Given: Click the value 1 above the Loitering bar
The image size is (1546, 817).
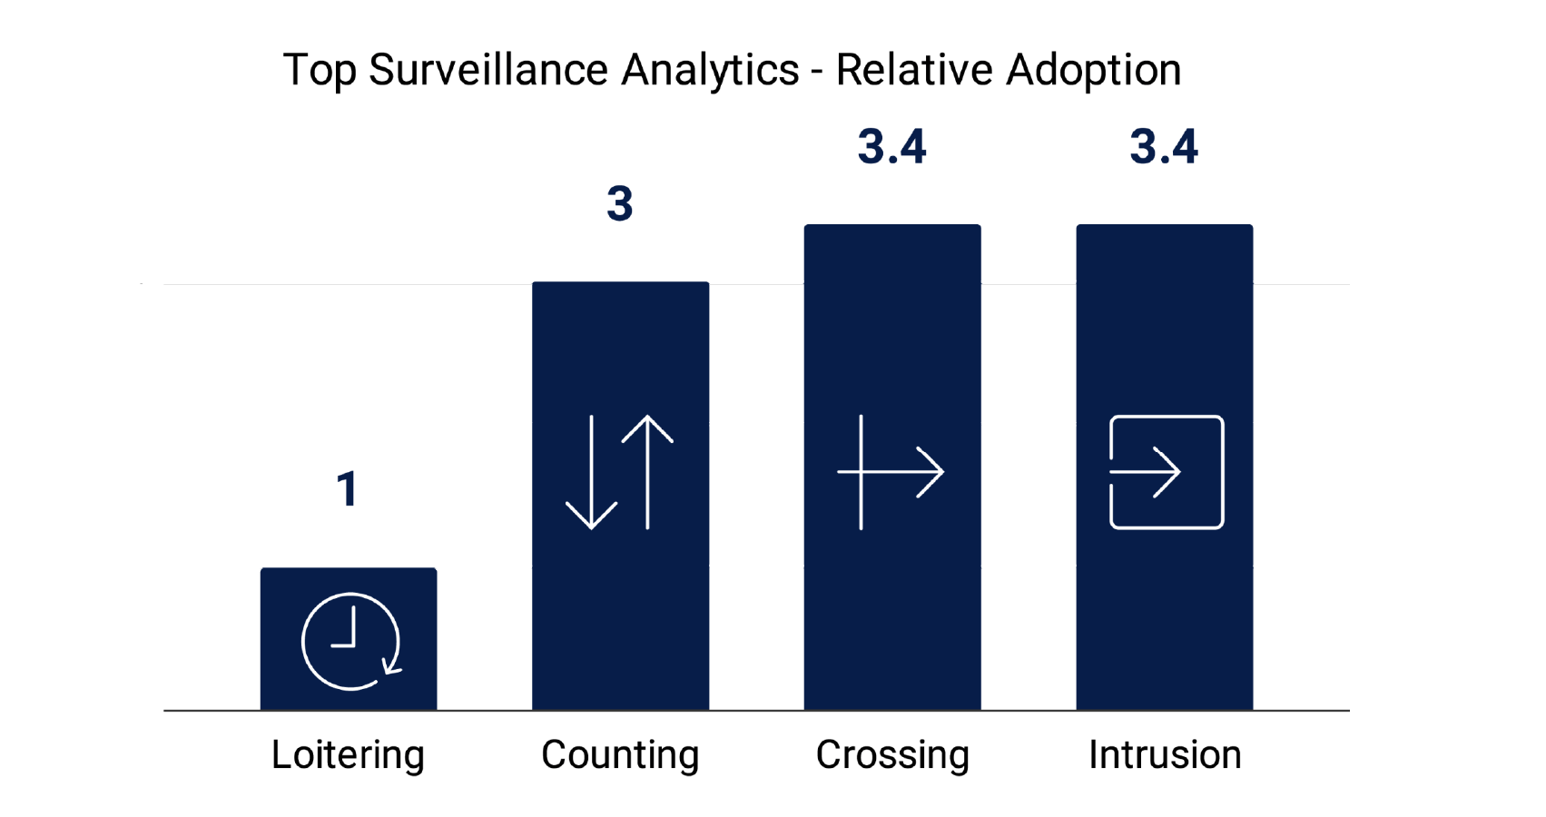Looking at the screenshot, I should coord(347,489).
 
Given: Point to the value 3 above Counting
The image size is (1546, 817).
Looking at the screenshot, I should coord(620,203).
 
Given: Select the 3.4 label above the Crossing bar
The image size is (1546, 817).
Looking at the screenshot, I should coord(892,147).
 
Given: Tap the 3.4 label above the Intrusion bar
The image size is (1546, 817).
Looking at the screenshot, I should coord(1164,147).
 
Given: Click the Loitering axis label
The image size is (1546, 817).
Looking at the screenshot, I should coord(348,755).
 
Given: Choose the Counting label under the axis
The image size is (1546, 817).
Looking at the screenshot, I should coord(620,755).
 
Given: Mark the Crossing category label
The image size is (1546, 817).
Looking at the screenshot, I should coord(892,755).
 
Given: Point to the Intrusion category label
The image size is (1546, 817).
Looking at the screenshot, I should coord(1165,755).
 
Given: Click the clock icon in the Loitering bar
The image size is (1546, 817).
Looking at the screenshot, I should coord(350,642).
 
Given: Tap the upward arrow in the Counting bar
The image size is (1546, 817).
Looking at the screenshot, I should coord(647,471).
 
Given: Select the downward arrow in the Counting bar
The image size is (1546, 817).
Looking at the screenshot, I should coord(591,473).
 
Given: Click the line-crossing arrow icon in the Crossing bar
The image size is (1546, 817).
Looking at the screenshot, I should coord(891,472).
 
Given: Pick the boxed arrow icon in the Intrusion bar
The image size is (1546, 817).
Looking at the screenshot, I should coord(1167,472).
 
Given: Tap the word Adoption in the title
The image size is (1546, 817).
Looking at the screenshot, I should coord(1093,70).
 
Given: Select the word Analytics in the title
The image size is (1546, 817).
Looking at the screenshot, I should coord(710,70).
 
